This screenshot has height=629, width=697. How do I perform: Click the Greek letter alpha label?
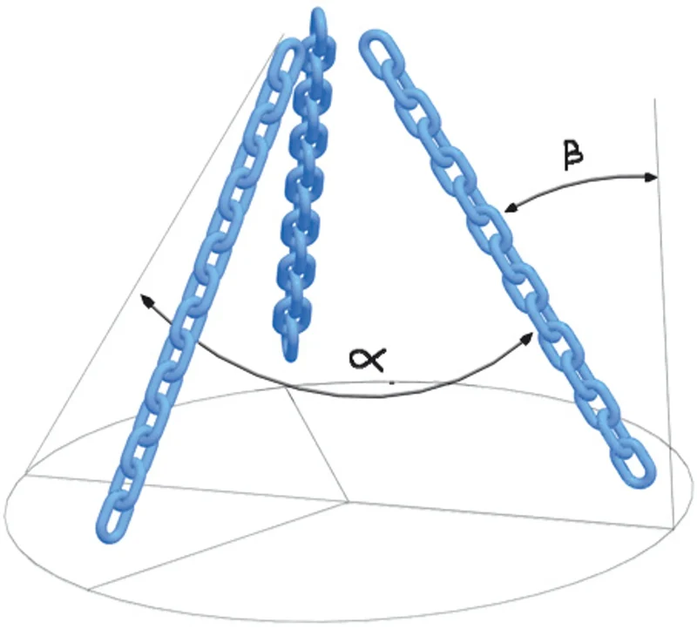click(x=368, y=359)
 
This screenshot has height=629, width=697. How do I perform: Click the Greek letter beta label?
click(x=573, y=155)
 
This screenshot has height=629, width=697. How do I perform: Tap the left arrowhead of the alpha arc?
click(x=146, y=301)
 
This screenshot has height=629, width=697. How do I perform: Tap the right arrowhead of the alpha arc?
click(x=527, y=338)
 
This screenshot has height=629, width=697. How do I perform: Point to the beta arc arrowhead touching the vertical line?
click(x=650, y=178)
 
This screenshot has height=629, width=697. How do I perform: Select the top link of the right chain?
click(x=379, y=48)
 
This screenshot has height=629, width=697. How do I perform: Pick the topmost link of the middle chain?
click(x=318, y=24)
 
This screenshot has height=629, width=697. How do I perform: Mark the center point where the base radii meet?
click(x=348, y=503)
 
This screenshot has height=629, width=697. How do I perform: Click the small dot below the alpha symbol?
click(x=391, y=382)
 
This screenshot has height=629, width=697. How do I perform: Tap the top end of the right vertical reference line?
click(x=654, y=99)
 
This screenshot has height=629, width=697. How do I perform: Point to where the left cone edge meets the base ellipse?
click(x=26, y=471)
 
